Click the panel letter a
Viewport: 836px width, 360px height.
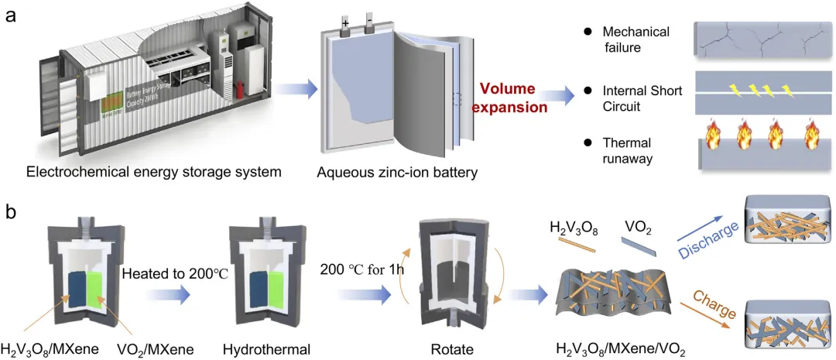point(12,15)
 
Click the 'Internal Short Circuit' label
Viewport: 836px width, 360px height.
point(642,98)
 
